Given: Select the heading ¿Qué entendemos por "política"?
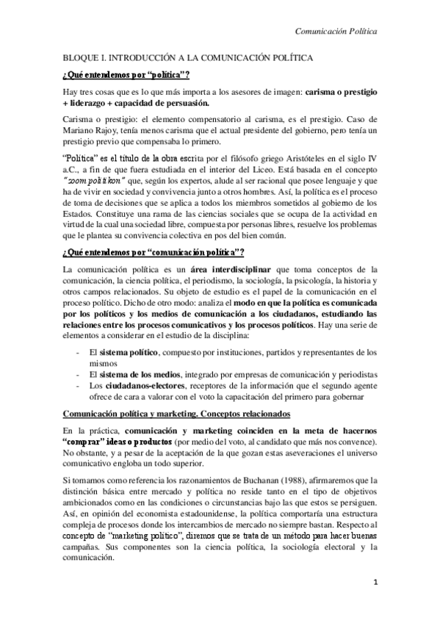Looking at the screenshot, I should point(126,74).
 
